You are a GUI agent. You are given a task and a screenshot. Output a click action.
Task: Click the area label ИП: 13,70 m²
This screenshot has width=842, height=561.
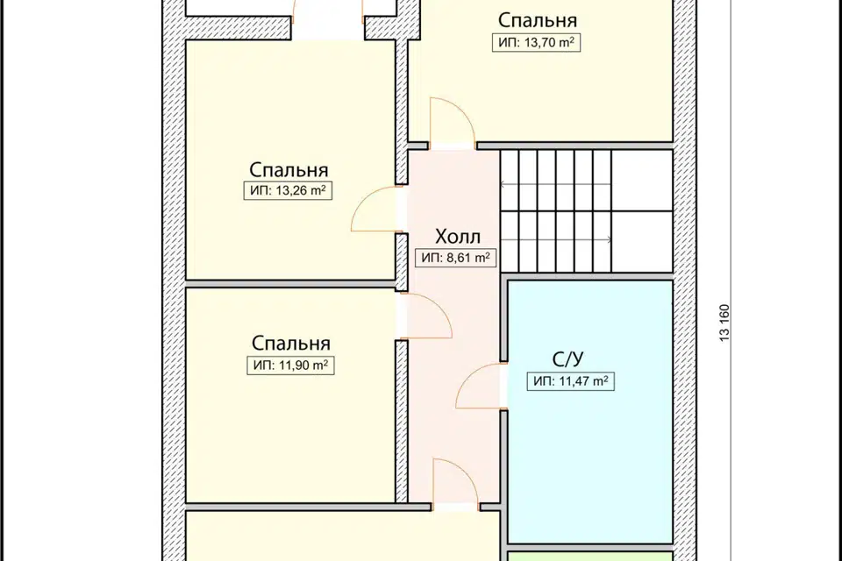(x=536, y=42)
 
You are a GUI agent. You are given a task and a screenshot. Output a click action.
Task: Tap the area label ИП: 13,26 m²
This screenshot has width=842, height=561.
(x=288, y=190)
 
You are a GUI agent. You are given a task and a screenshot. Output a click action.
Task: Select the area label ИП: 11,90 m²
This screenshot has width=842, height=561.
(x=290, y=366)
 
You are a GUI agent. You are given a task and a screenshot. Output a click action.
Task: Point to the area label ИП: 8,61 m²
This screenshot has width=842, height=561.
(x=455, y=258)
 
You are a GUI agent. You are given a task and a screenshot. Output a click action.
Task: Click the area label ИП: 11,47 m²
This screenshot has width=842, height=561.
(x=570, y=381)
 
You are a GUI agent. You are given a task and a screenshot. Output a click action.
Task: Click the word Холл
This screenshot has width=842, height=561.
(x=458, y=237)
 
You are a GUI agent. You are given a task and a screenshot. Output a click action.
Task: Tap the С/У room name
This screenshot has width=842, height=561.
(x=568, y=359)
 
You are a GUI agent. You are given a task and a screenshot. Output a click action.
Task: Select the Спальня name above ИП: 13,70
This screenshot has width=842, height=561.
(x=537, y=20)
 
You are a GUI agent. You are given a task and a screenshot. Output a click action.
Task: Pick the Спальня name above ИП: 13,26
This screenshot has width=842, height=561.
(x=289, y=170)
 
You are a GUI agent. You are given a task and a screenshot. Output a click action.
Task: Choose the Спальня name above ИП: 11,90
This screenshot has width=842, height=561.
(x=290, y=343)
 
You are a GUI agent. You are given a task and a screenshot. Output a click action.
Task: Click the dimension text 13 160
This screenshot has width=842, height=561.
(x=724, y=323)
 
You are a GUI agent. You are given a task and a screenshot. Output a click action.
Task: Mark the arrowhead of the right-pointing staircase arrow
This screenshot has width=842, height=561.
(x=610, y=240)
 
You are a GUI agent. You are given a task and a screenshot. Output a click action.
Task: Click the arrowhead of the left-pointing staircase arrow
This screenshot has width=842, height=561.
(x=503, y=184)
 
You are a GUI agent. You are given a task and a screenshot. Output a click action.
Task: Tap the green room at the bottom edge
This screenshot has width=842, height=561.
(x=590, y=556)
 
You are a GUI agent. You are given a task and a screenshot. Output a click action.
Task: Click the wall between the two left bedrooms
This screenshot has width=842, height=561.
(x=290, y=283)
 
